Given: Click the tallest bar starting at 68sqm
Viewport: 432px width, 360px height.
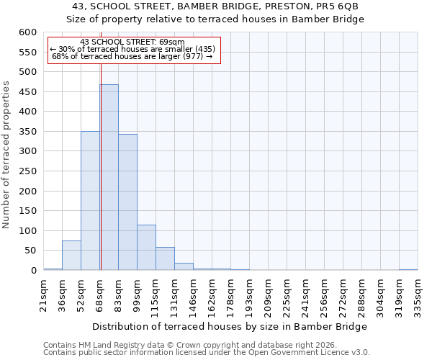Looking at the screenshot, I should pos(109,177).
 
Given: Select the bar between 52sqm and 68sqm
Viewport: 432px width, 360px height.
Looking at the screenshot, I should pos(90,201).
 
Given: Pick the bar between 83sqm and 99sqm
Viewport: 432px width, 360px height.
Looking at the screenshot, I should pos(127,202).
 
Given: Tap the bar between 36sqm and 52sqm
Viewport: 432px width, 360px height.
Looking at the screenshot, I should pos(71,256).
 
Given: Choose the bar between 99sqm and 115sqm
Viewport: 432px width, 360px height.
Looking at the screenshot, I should pos(146,248).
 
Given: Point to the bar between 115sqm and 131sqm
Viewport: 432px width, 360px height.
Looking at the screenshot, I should pos(165,258).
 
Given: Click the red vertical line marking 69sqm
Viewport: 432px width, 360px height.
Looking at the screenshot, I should pos(101,158).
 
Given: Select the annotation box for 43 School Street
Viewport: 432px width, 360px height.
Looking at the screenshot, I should pos(133,49).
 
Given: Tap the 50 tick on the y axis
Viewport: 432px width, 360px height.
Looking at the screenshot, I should pos(31,251).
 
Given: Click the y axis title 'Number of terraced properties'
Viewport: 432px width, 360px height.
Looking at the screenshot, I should pos(6,155).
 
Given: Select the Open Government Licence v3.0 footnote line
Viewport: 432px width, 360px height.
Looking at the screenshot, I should pos(207,353).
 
